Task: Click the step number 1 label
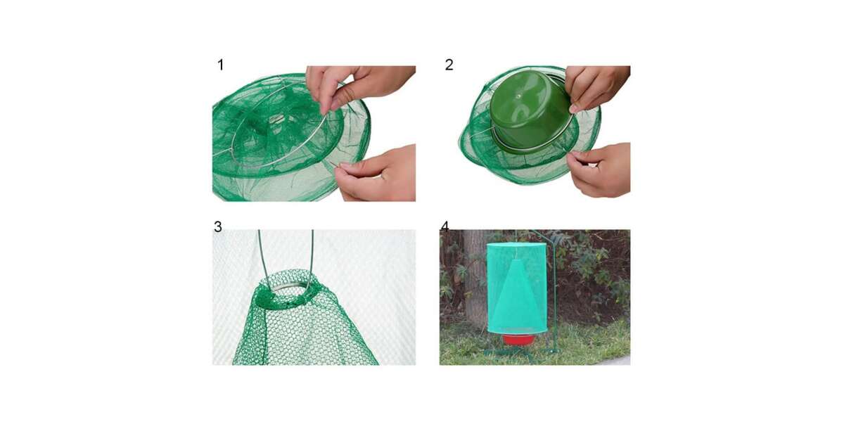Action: click(221, 65)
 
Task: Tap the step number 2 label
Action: click(449, 65)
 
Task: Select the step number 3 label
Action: click(218, 226)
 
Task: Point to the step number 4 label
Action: click(445, 226)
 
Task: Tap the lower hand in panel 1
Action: click(377, 175)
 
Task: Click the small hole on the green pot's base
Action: click(519, 96)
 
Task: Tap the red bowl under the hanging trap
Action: click(519, 339)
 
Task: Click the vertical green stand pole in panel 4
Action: click(555, 297)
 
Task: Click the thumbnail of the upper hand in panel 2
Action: click(574, 109)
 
